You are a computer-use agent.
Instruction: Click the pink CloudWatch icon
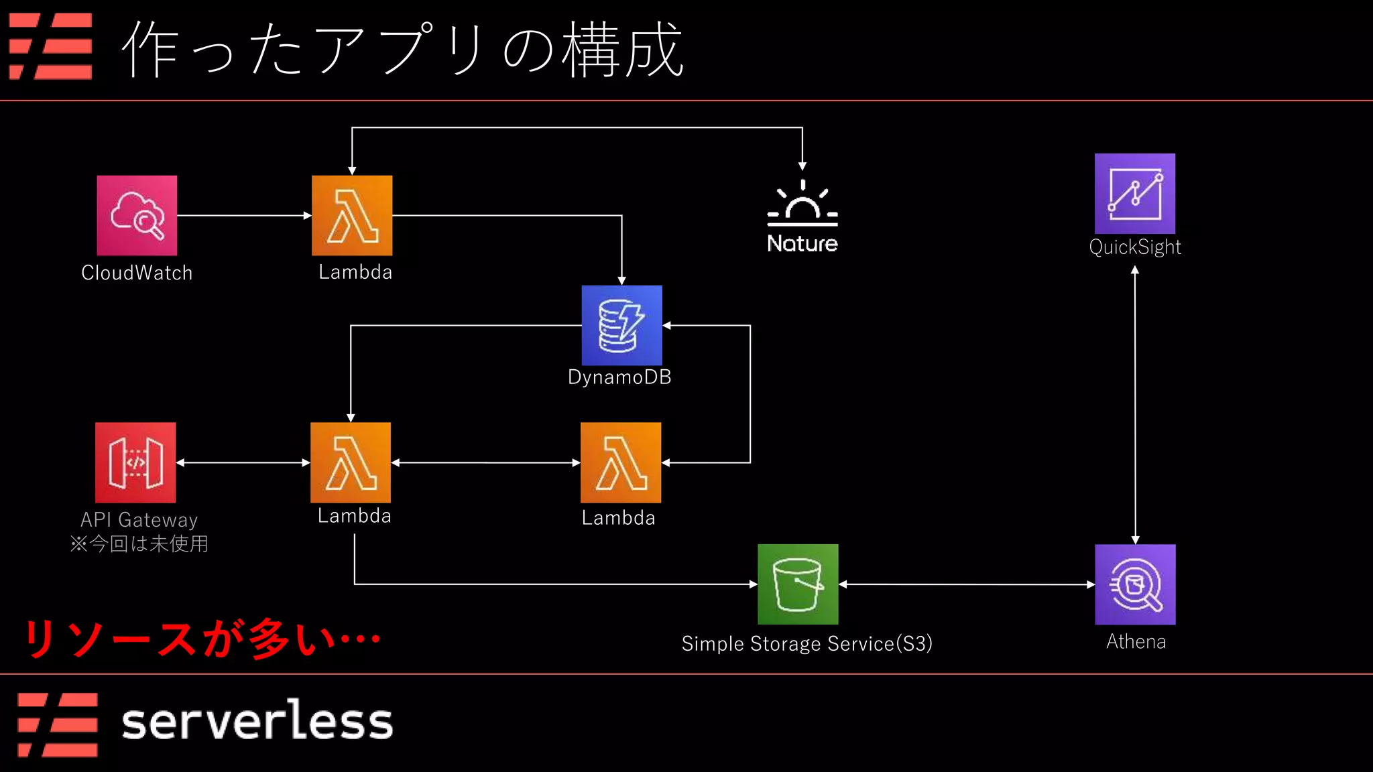137,215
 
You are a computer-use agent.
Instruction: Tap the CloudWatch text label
137,273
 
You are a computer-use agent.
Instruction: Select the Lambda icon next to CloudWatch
352,215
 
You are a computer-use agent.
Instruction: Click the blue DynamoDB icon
621,325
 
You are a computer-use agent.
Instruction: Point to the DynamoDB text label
619,377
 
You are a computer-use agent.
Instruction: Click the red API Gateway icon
135,462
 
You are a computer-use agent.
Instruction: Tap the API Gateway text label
139,520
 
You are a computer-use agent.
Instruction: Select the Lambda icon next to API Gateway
351,462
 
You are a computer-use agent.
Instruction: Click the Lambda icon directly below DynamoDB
621,462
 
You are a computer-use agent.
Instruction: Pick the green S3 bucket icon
798,584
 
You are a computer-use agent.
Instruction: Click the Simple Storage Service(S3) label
807,643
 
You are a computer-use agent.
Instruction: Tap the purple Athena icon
1135,584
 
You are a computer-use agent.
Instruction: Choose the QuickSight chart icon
1135,193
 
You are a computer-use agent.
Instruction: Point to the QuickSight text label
1135,247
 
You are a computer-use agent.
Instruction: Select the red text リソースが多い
201,639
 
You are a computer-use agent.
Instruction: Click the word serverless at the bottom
257,722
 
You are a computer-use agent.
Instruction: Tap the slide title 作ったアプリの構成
402,50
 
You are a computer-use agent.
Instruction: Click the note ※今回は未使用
139,543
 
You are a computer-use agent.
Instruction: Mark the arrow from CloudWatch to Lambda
244,216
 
